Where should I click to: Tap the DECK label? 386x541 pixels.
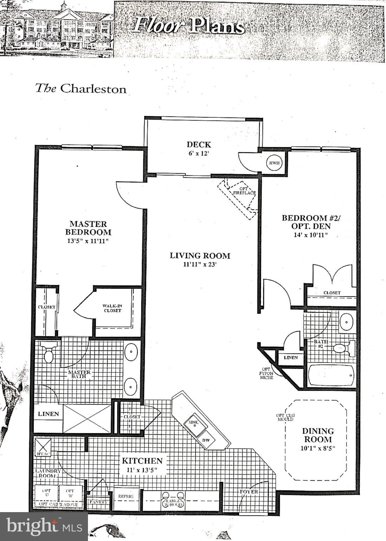pyautogui.click(x=199, y=144)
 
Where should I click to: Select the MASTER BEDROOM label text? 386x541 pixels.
pyautogui.click(x=90, y=228)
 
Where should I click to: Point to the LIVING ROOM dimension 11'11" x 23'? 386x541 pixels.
pyautogui.click(x=200, y=265)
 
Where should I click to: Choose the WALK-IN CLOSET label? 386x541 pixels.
pyautogui.click(x=112, y=308)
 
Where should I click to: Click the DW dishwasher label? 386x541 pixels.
pyautogui.click(x=206, y=441)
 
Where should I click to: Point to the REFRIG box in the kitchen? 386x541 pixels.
pyautogui.click(x=126, y=496)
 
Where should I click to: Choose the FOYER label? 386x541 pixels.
pyautogui.click(x=249, y=491)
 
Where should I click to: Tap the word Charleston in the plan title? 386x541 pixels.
pyautogui.click(x=93, y=89)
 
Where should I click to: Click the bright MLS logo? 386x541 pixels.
pyautogui.click(x=44, y=526)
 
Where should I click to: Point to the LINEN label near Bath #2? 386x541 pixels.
pyautogui.click(x=290, y=357)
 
